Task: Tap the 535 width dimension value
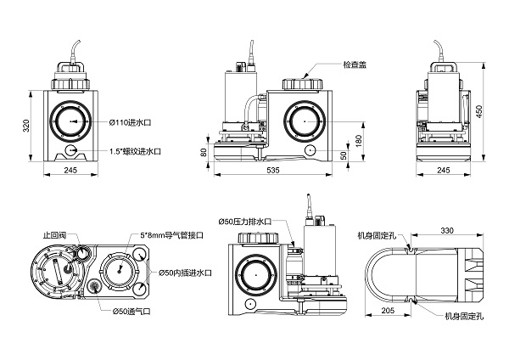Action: coord(272,171)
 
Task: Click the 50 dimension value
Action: coord(343,155)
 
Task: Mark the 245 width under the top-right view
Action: coord(443,171)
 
